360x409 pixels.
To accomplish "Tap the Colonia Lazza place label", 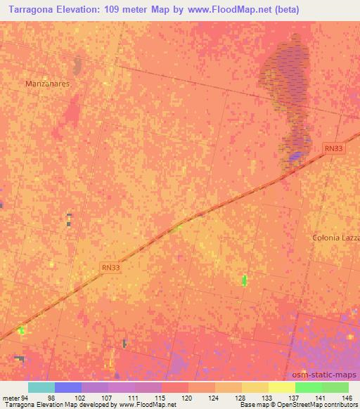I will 336,238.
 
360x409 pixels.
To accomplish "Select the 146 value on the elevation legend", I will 346,398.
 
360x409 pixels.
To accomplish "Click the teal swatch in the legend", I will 41,387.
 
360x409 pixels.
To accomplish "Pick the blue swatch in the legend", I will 67,387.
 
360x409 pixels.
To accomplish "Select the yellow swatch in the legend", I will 281,387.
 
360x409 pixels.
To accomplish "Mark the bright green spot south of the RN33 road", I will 244,281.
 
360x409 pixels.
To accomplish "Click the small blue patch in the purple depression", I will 298,155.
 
